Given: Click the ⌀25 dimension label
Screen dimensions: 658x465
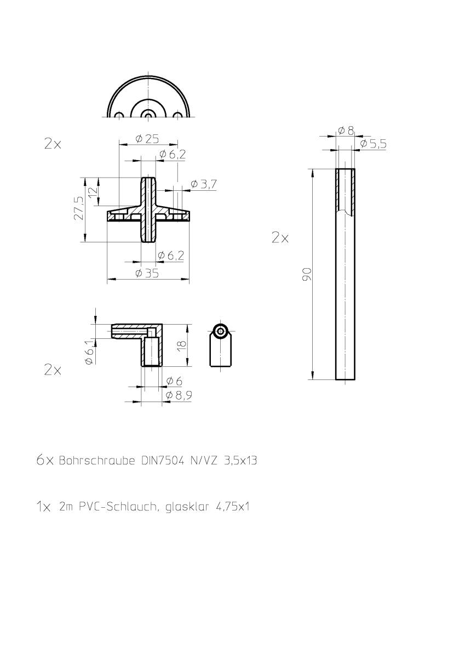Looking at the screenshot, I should [144, 139].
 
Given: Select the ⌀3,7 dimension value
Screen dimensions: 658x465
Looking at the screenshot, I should [204, 184].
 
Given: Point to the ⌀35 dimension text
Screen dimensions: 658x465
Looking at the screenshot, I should [147, 273].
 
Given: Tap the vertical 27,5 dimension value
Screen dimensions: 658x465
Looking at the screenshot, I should [78, 208].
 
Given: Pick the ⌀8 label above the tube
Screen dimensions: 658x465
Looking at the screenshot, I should [346, 131].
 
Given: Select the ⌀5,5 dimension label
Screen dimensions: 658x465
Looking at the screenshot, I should [374, 144].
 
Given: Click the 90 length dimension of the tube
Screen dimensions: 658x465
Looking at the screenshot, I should [307, 274].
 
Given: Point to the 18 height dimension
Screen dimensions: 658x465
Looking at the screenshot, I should [182, 344].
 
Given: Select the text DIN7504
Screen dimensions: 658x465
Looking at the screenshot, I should [157, 461].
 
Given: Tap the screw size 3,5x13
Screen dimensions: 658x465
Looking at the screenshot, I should [240, 461].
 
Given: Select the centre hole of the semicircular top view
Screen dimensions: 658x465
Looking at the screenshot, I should [147, 116].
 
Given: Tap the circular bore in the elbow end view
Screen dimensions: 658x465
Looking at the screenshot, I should [221, 331].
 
